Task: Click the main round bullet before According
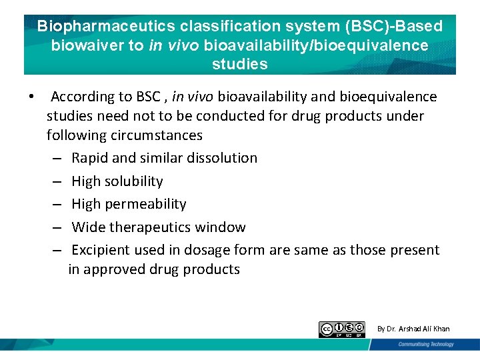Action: pyautogui.click(x=31, y=97)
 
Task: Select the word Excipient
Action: pyautogui.click(x=101, y=251)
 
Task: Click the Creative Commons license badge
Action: pyautogui.click(x=342, y=329)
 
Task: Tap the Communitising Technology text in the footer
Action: pyautogui.click(x=426, y=344)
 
